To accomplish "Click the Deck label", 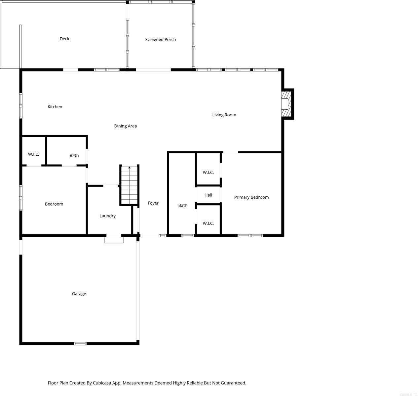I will click(x=64, y=39).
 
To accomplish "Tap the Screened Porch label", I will click(x=160, y=39).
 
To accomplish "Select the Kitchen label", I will click(x=55, y=106).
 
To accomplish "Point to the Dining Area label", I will click(x=125, y=126).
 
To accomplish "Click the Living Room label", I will click(x=224, y=115).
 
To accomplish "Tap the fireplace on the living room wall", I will click(x=286, y=104).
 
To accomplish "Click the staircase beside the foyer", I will click(x=129, y=185).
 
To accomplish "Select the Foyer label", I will click(x=153, y=203).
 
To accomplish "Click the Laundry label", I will click(x=107, y=216).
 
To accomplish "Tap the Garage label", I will click(x=79, y=294).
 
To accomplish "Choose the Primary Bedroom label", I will click(x=251, y=197).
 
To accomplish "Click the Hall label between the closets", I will click(x=208, y=195).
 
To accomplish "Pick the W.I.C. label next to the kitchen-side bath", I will click(x=33, y=154).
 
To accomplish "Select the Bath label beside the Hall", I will click(x=183, y=205).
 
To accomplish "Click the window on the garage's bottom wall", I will click(x=80, y=343).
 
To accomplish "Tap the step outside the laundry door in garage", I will click(x=114, y=240).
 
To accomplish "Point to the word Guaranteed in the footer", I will click(x=233, y=383).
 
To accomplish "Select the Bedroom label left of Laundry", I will click(x=54, y=204).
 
